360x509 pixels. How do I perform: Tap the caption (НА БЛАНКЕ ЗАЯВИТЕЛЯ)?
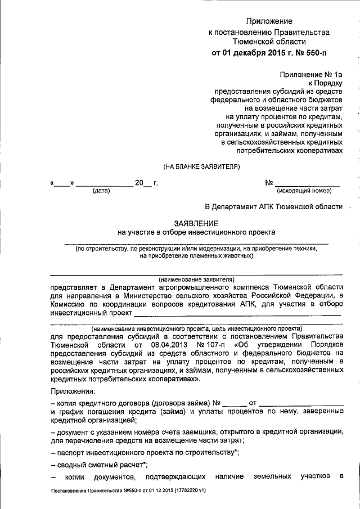tap(201, 166)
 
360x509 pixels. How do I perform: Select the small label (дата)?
tap(101, 191)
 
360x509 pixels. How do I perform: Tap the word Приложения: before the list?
tap(73, 391)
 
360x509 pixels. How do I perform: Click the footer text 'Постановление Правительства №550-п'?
tap(99, 490)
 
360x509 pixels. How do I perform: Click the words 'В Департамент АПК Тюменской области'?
tap(273, 206)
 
